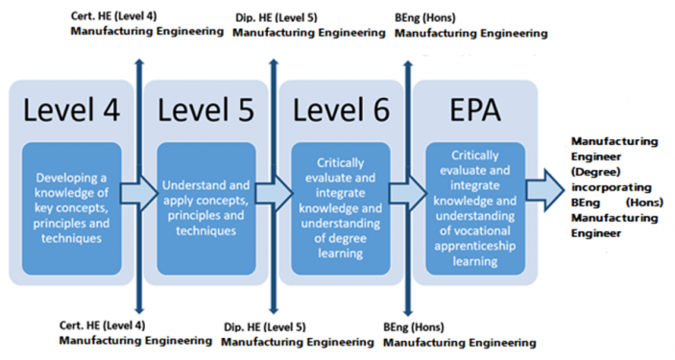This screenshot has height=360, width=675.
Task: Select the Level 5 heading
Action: point(206,110)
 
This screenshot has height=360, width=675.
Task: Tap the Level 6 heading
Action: point(341,110)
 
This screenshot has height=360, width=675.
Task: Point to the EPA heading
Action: point(475,110)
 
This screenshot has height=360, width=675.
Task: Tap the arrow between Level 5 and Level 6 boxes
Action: point(273,195)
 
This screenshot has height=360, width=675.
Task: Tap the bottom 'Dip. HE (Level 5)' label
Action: point(265,326)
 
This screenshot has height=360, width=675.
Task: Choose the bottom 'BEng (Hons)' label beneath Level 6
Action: point(413,326)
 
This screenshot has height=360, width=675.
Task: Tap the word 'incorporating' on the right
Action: point(611,186)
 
